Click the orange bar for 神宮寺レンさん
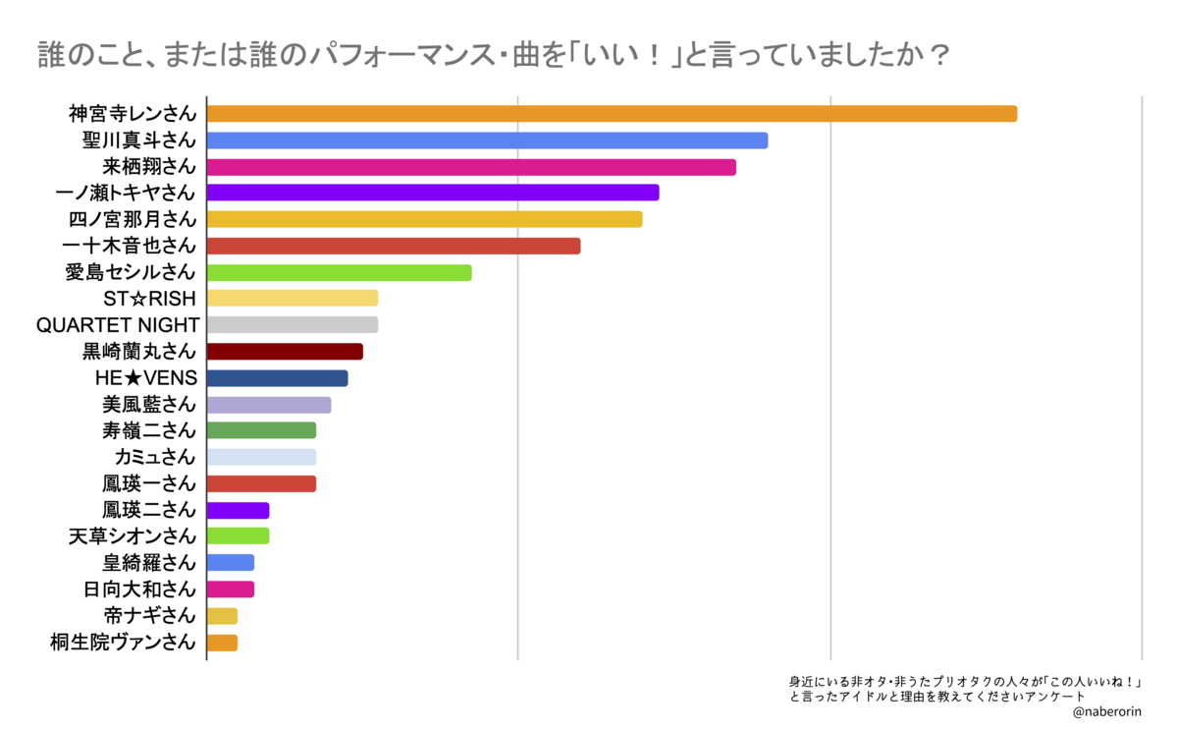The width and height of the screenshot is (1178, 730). [613, 114]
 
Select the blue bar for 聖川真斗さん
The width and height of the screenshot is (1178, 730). [488, 140]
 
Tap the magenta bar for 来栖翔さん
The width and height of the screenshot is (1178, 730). [472, 167]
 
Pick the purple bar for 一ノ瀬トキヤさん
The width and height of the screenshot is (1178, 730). [433, 193]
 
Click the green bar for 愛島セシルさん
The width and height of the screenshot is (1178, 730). [340, 272]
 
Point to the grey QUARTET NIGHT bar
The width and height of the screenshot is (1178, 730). [293, 325]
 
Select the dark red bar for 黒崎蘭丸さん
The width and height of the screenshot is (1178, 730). [285, 352]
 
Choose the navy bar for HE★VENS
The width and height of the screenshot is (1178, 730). [278, 378]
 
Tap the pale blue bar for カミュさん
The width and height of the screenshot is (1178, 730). [261, 457]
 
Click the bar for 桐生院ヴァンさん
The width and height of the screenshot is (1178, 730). [223, 644]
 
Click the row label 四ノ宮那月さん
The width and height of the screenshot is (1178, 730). [133, 219]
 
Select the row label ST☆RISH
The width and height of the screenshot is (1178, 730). [150, 299]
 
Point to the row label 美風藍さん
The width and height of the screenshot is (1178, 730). [149, 405]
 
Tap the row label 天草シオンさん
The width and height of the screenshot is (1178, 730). [133, 536]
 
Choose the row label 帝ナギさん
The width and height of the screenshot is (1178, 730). [150, 615]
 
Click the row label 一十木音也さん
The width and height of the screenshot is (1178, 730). [129, 246]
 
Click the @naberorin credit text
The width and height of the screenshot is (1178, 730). [1107, 712]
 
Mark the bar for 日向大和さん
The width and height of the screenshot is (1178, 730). [231, 590]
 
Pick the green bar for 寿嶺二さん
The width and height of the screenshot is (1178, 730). [261, 430]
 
